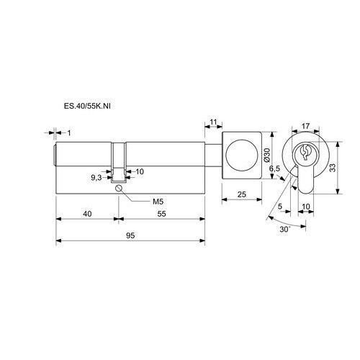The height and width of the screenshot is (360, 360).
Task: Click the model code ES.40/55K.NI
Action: coord(87,106)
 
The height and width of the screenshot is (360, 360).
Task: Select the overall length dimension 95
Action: coord(130,235)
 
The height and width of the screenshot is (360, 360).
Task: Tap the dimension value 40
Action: coord(87,214)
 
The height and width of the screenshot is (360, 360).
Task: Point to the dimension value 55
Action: coord(161,214)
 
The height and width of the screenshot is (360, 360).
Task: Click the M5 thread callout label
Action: coord(158,202)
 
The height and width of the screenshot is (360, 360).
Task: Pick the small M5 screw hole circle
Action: coord(119,188)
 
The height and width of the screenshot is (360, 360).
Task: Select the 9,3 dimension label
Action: coord(96,178)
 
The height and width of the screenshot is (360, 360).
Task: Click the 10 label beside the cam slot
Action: coord(140,171)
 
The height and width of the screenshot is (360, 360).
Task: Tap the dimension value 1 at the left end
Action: coord(69,132)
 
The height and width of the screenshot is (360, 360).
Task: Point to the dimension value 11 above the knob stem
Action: coord(213,122)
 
